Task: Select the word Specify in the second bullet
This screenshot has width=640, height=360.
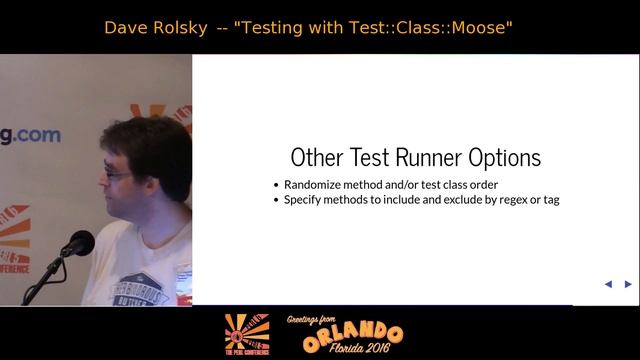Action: [306, 200]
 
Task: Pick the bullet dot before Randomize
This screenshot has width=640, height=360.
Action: [276, 185]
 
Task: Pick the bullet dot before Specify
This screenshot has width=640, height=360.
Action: [276, 200]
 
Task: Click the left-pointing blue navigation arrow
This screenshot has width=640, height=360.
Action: [608, 284]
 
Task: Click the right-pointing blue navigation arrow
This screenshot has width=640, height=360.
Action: [628, 284]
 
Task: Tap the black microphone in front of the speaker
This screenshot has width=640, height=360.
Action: [77, 243]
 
